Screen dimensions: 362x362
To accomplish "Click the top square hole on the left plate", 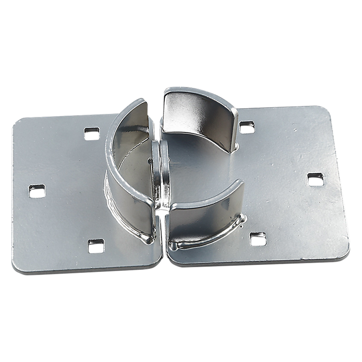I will point(92,134).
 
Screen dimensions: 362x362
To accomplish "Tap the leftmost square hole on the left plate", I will point(36,191).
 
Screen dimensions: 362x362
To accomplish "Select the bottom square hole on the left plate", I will point(94,247).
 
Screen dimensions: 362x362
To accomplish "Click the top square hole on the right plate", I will point(247,126).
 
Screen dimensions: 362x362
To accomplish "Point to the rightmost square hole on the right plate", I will point(315,179).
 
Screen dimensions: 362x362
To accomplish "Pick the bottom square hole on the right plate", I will point(257,238).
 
